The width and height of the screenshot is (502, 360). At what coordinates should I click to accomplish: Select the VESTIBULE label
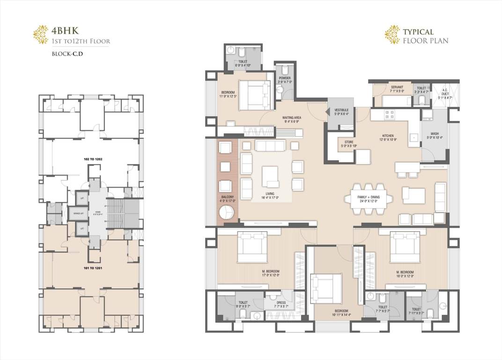[x=341, y=112]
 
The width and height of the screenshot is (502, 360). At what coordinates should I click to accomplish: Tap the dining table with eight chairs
[x=368, y=199]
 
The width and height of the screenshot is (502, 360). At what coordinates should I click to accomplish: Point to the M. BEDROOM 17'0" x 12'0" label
[x=272, y=273]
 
